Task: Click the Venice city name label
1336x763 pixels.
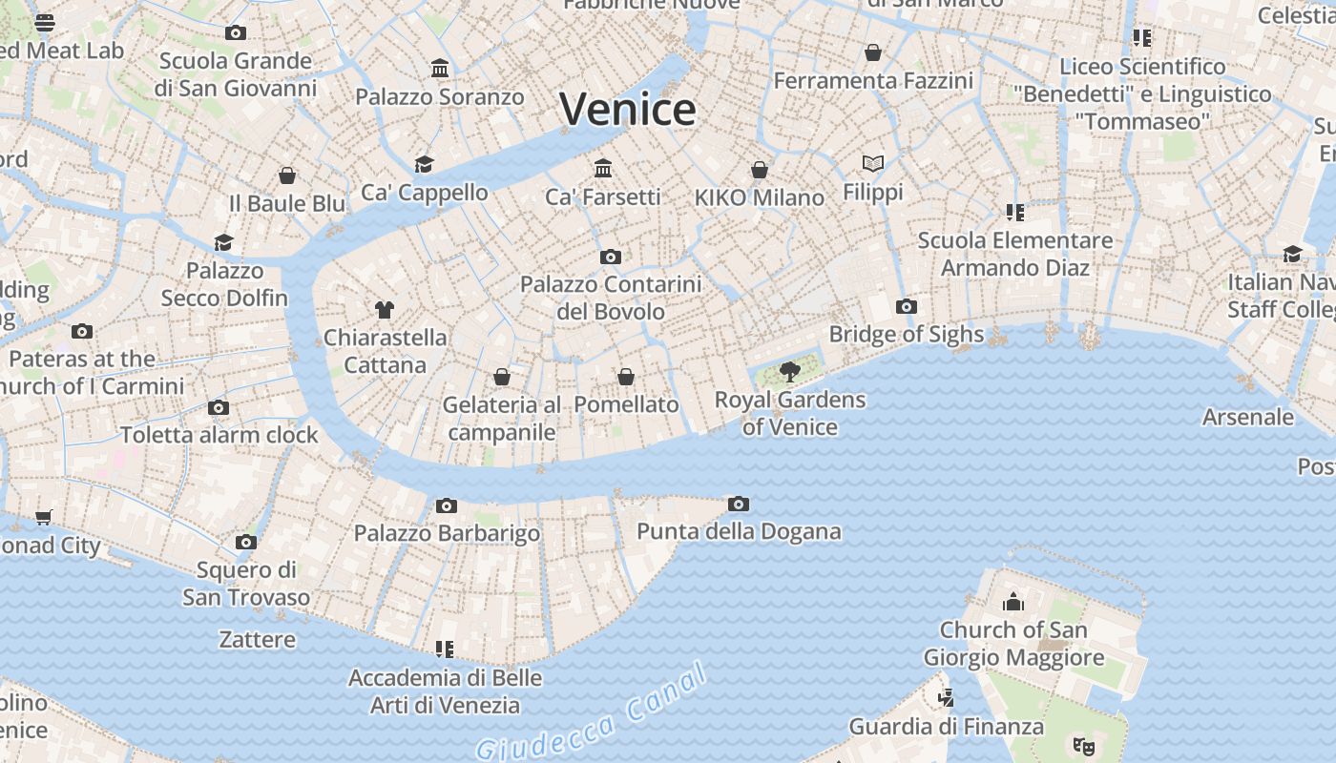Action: (x=627, y=109)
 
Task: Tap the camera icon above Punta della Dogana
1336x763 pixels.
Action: (x=738, y=504)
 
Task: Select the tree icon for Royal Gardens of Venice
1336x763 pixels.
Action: (x=789, y=372)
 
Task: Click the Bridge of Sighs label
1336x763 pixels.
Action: (x=906, y=334)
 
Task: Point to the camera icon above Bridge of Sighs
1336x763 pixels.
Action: (x=906, y=306)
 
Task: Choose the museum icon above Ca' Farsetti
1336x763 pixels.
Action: (x=603, y=169)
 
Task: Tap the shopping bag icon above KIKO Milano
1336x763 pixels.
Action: (x=760, y=170)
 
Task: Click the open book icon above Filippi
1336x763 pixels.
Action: (x=872, y=163)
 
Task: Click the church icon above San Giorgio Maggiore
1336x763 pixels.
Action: (x=1012, y=602)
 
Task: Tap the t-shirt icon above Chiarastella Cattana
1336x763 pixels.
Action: (x=384, y=309)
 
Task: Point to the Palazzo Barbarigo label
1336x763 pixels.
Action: (x=447, y=532)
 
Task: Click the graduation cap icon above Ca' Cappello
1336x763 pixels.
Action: (x=424, y=164)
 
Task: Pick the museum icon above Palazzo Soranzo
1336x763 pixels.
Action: (x=440, y=69)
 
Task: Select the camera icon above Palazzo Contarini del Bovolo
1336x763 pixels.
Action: (x=611, y=257)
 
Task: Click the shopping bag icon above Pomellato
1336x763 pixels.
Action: (x=626, y=377)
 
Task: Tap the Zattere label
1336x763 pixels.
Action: (x=258, y=639)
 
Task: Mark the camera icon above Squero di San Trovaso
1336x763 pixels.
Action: (x=246, y=542)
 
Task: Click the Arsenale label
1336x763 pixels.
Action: (x=1247, y=417)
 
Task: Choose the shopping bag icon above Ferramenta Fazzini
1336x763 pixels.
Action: (x=872, y=52)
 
